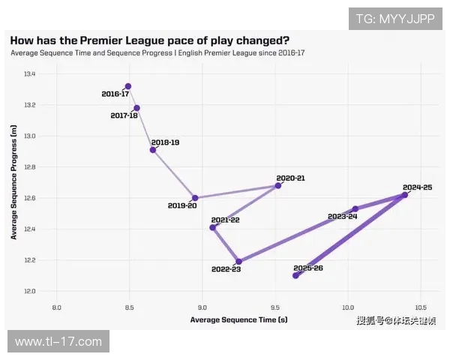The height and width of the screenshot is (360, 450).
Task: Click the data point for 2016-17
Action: click(128, 86)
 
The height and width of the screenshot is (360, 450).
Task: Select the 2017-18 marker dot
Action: click(136, 108)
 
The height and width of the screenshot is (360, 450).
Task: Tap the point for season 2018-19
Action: click(153, 150)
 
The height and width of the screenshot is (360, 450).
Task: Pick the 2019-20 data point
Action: click(195, 198)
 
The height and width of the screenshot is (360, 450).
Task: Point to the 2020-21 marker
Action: click(278, 185)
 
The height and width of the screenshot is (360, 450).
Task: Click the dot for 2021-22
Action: click(213, 227)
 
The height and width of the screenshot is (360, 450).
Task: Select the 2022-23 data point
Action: click(238, 262)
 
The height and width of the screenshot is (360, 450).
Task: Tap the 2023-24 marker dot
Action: click(355, 208)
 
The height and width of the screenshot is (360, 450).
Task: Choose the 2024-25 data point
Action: click(405, 195)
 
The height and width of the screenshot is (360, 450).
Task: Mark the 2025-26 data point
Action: click(295, 275)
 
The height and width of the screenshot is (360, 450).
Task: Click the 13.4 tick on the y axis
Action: click(29, 74)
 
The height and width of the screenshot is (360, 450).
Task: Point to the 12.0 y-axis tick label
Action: click(29, 291)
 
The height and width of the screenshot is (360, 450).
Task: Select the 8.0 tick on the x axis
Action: click(56, 308)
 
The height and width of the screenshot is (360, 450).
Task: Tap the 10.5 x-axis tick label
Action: click(419, 308)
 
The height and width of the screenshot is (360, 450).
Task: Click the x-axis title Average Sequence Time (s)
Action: click(238, 319)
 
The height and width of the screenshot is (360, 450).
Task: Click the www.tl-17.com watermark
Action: click(58, 342)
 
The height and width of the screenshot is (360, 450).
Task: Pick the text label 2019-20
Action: click(182, 205)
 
